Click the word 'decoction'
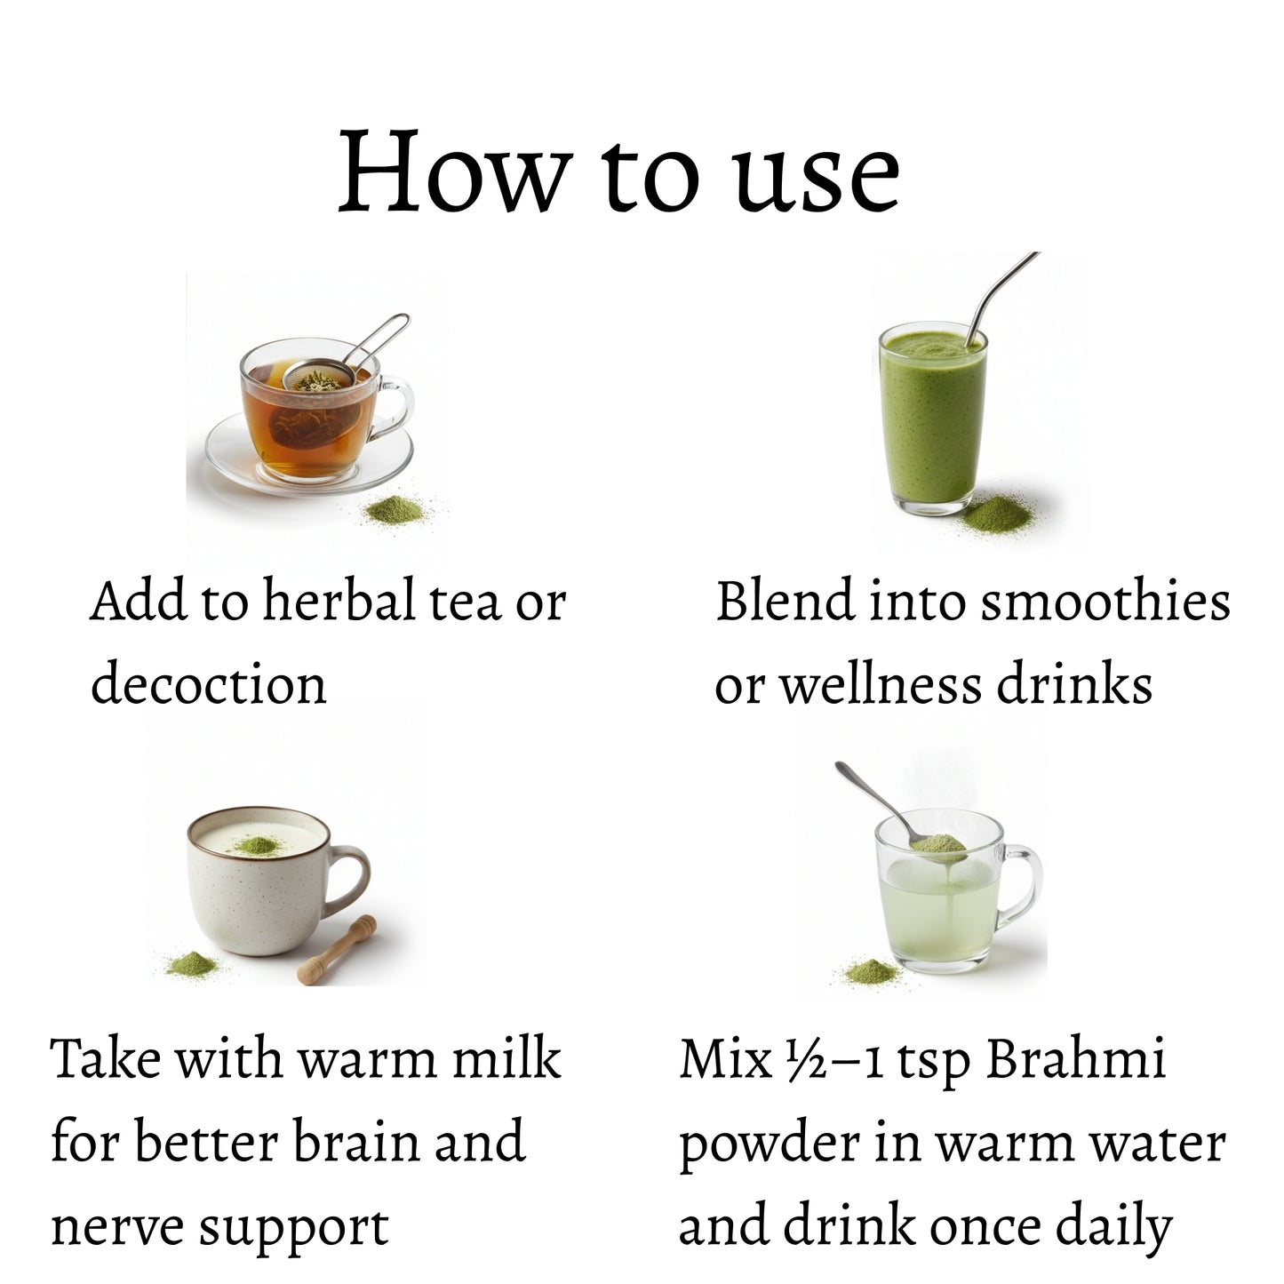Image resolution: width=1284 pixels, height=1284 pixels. pos(209,685)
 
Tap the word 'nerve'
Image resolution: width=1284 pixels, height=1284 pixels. pos(116,1228)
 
